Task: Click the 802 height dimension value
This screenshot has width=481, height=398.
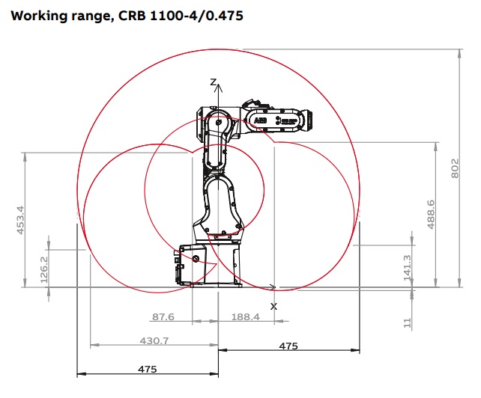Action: [x=455, y=170]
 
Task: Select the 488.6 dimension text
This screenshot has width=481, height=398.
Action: [x=430, y=213]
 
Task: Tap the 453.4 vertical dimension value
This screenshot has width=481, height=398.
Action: [x=20, y=220]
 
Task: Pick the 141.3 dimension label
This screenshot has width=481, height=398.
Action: [x=407, y=267]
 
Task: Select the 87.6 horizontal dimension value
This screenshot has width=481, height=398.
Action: [x=163, y=317]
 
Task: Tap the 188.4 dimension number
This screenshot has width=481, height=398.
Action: [x=245, y=317]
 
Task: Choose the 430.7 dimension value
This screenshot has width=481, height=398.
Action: [x=155, y=340]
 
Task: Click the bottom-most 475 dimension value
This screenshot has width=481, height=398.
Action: [x=148, y=369]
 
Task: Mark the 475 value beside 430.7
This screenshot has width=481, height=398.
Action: [x=288, y=346]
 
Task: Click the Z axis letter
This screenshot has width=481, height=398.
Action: [x=214, y=82]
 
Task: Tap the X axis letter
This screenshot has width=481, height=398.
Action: [x=273, y=306]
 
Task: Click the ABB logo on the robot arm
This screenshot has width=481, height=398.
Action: [x=260, y=120]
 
